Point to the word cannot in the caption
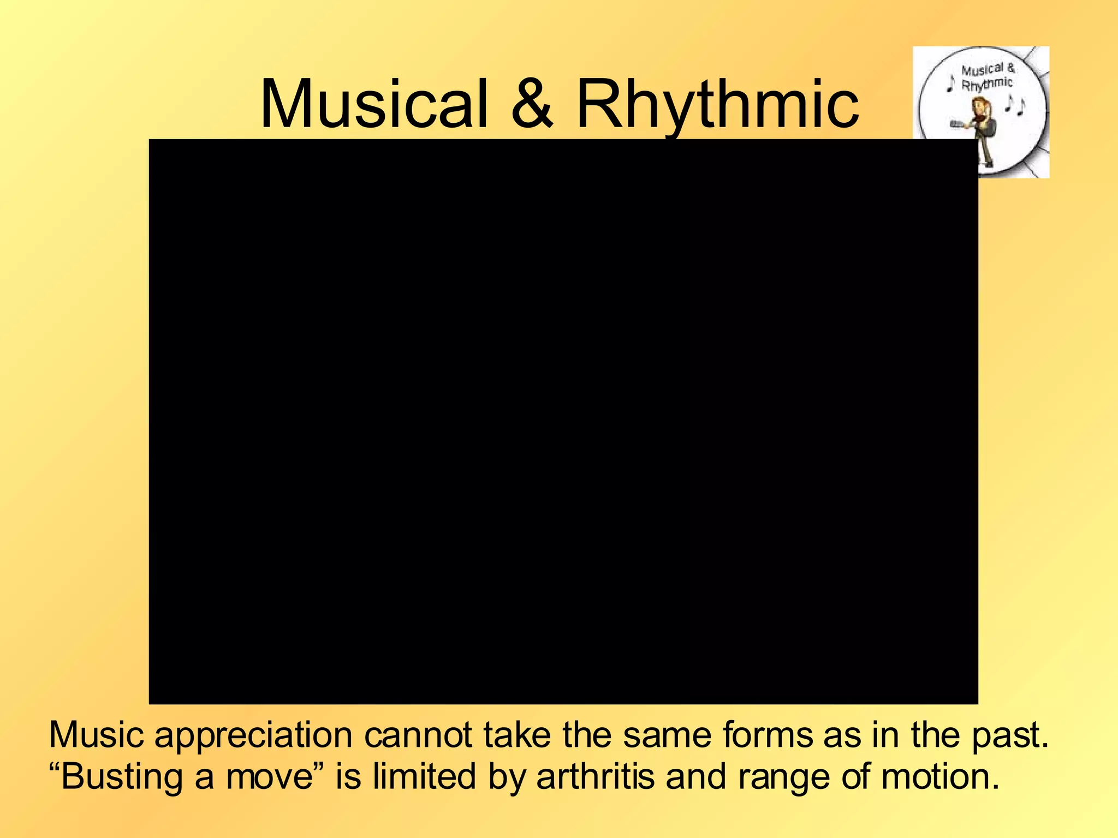tap(418, 735)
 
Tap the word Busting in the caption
tap(121, 777)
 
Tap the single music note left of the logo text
tap(950, 83)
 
